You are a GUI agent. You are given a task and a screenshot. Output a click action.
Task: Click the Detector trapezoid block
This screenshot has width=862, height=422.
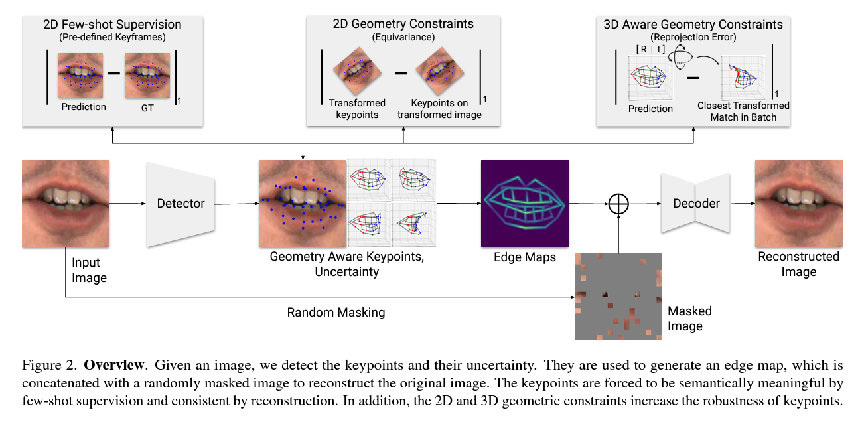[180, 204]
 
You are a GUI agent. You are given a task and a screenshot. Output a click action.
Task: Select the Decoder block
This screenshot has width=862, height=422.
[696, 203]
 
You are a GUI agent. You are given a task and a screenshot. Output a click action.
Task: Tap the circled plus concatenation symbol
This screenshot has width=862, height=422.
[618, 204]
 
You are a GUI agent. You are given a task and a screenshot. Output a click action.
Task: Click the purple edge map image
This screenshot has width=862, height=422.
[525, 203]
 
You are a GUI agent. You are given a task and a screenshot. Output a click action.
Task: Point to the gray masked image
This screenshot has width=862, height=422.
[618, 297]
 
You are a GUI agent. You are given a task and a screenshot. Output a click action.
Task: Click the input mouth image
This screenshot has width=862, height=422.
[65, 204]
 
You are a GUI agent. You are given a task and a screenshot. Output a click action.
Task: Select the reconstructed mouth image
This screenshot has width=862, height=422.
[799, 203]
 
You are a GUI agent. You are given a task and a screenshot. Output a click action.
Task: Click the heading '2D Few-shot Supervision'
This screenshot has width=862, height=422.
[113, 25]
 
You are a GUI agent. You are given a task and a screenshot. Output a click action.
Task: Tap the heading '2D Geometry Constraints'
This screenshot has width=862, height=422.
[403, 24]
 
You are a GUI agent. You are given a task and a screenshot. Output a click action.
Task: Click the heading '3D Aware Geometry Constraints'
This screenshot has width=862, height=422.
[693, 25]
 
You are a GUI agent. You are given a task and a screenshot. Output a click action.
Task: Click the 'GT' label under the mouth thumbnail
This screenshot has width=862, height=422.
[147, 107]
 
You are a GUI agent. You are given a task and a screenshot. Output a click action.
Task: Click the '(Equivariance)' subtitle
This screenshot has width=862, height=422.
[403, 37]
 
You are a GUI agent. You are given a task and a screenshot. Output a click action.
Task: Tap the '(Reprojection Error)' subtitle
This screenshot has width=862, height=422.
[693, 37]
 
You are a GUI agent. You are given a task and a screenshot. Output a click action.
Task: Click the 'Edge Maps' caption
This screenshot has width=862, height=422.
[525, 257]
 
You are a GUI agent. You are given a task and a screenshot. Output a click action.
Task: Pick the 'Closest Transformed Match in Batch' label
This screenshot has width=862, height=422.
[743, 111]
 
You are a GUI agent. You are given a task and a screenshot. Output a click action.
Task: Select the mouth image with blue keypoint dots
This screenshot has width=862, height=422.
[303, 204]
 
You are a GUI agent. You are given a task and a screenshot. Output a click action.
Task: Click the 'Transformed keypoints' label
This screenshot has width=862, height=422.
[357, 109]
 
